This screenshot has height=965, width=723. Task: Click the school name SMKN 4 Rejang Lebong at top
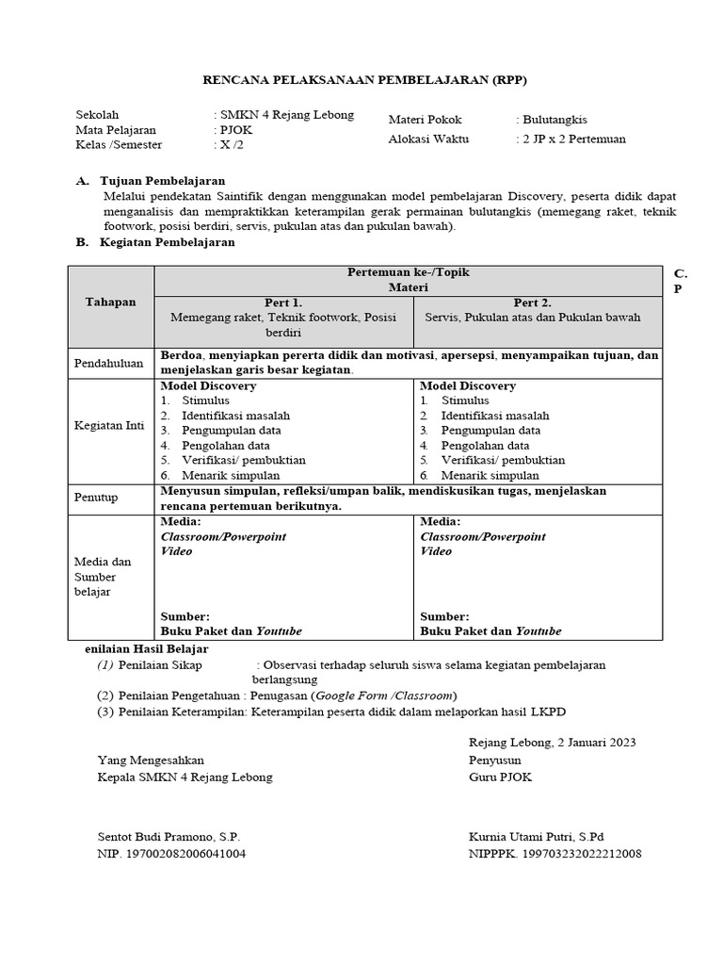point(287,115)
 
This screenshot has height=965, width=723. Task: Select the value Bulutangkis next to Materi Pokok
point(554,120)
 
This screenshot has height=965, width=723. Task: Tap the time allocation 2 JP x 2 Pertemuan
point(573,139)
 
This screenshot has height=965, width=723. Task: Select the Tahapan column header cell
point(111,303)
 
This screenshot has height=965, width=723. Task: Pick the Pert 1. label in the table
point(283,303)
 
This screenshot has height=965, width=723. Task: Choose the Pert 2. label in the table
point(532,303)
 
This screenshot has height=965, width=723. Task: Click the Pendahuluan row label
point(109,363)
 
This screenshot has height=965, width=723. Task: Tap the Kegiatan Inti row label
point(109,425)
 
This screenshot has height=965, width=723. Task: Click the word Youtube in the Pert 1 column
point(279,631)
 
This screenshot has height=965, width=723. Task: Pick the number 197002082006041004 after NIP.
point(186,854)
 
